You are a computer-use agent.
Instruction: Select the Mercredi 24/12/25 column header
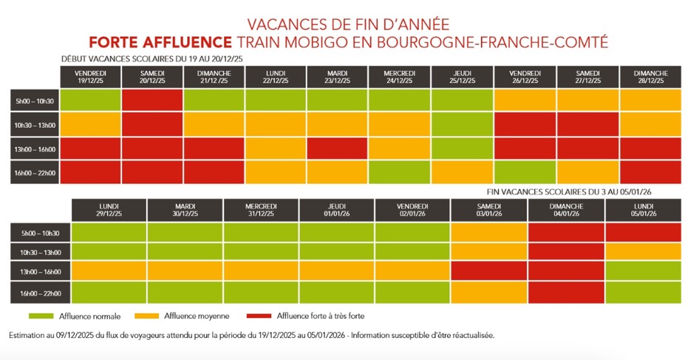(x=400, y=77)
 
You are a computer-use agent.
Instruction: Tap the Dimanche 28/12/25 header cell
(x=649, y=77)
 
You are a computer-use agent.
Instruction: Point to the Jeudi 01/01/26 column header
(x=337, y=209)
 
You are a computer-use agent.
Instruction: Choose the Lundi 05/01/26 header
(x=642, y=209)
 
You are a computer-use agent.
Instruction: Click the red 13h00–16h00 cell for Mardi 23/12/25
(x=337, y=148)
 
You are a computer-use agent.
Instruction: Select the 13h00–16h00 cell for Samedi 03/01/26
(x=489, y=270)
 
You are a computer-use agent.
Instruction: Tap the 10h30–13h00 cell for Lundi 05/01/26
(x=642, y=251)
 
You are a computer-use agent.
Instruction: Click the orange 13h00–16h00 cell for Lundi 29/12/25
(x=109, y=270)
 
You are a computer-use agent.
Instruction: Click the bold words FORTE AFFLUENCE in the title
(x=160, y=42)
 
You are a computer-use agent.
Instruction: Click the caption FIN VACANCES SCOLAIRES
(x=570, y=191)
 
